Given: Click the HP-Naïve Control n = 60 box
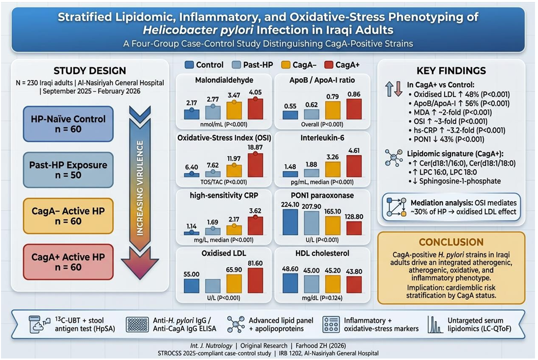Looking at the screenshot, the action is pos(68,124).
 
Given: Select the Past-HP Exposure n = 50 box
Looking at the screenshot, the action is pos(68,170).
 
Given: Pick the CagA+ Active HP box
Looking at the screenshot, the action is pos(68,262).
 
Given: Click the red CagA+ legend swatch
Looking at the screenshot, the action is pos(329,65).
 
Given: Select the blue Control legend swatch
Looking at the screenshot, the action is pos(189,65).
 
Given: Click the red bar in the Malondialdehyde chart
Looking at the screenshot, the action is pos(255,109).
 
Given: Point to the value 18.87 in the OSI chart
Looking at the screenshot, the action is pos(255,147).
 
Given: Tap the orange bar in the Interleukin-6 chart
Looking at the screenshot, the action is pos(333,169).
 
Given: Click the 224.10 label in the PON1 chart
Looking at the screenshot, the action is pos(290,204).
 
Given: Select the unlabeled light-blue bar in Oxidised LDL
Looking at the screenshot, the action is pos(213,286).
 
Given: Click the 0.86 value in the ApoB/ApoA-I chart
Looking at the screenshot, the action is pos(354,94).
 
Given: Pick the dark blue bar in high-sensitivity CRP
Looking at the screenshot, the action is pos(191,233).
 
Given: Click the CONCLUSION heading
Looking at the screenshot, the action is pos(451,242).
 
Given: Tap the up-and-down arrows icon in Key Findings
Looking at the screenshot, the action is pos(394,89).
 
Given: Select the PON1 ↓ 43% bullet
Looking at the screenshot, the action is pos(447,139).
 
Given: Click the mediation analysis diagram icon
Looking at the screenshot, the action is pos(396,207).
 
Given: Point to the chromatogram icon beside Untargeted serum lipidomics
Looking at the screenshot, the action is pos(435,325).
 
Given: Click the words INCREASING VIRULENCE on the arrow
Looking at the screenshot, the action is pos(140,188).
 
